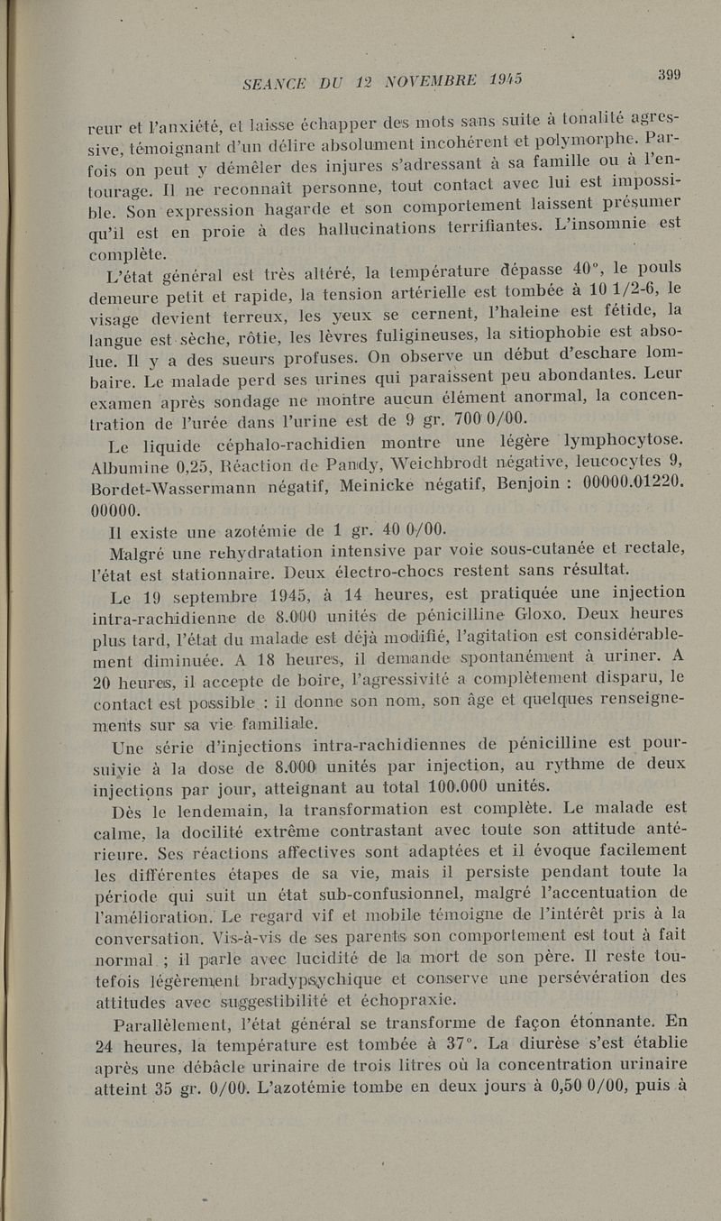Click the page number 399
669,76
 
